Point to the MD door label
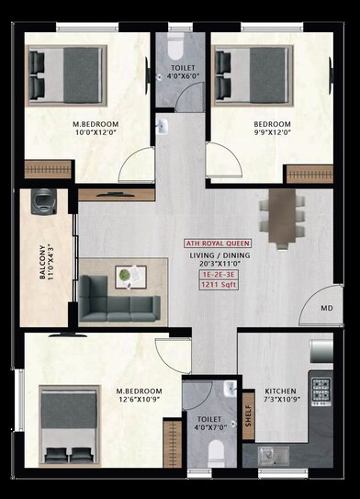pos(327,309)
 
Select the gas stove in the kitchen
pos(321,390)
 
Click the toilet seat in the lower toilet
pos(217,451)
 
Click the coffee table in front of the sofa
pos(130,275)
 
